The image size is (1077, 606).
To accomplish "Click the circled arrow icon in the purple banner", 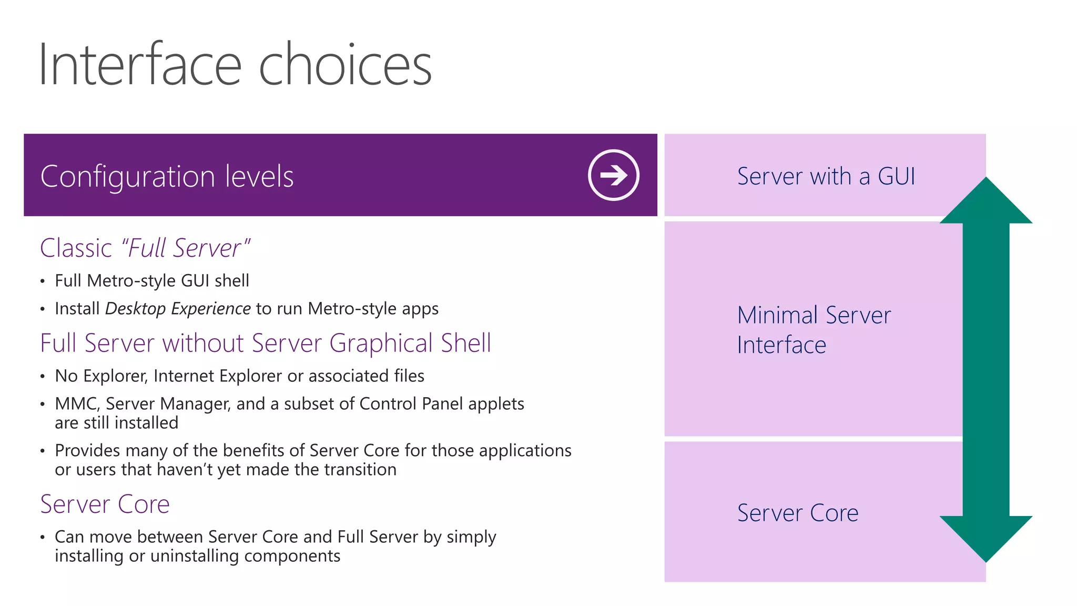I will (613, 175).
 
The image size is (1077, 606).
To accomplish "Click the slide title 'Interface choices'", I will (235, 65).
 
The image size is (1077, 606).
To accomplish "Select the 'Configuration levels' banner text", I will (167, 176).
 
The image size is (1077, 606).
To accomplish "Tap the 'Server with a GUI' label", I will (826, 176).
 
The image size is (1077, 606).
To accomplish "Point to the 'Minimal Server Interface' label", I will (814, 330).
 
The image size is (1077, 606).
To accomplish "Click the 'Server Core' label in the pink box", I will (797, 513).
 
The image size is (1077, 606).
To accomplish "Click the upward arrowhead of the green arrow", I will (986, 203).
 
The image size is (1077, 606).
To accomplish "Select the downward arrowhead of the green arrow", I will (986, 537).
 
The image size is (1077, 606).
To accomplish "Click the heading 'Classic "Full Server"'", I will (145, 248).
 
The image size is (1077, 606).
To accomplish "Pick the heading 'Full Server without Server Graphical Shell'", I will (266, 343).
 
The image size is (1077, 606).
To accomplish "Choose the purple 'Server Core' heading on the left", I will (105, 504).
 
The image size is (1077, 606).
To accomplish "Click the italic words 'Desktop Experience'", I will (178, 309).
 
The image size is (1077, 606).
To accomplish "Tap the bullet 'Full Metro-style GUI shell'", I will (152, 281).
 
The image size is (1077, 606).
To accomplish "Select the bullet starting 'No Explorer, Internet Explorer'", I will (239, 376).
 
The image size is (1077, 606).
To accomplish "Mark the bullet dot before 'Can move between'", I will (43, 538).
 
